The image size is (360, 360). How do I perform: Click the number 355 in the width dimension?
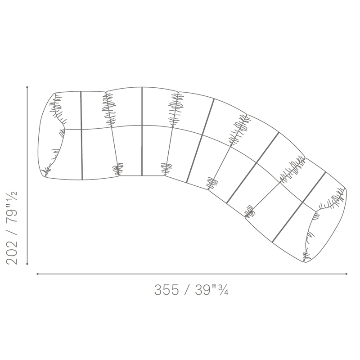pyautogui.click(x=166, y=290)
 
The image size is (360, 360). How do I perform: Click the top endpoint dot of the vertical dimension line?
pyautogui.click(x=27, y=87)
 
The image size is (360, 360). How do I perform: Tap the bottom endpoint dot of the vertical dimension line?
pyautogui.click(x=27, y=264)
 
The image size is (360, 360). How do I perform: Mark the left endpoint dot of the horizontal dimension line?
pyautogui.click(x=37, y=274)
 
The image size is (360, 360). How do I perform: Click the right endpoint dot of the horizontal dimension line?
pyautogui.click(x=346, y=274)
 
